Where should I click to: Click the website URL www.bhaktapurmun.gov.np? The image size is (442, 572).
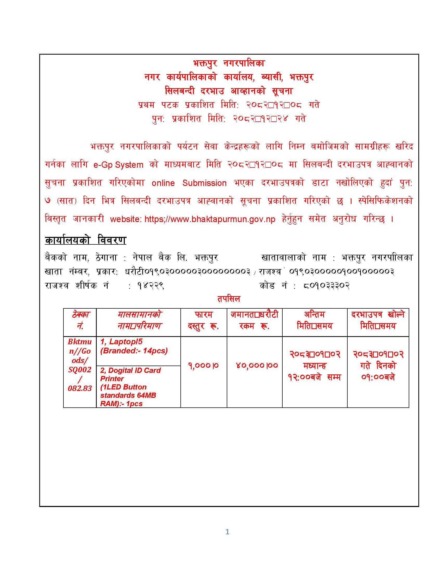pos(210,219)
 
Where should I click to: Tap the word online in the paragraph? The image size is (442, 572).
pos(163,183)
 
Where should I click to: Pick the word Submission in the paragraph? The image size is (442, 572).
pos(204,183)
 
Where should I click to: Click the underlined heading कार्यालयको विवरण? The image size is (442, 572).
pos(85,240)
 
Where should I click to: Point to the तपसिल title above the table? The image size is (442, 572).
pos(228,299)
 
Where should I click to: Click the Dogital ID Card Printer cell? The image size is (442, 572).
pos(138,386)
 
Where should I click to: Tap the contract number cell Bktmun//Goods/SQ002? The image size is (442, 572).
pos(80,365)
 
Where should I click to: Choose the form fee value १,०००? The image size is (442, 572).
pos(204,365)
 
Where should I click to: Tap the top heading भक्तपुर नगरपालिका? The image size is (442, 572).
pos(229,63)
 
